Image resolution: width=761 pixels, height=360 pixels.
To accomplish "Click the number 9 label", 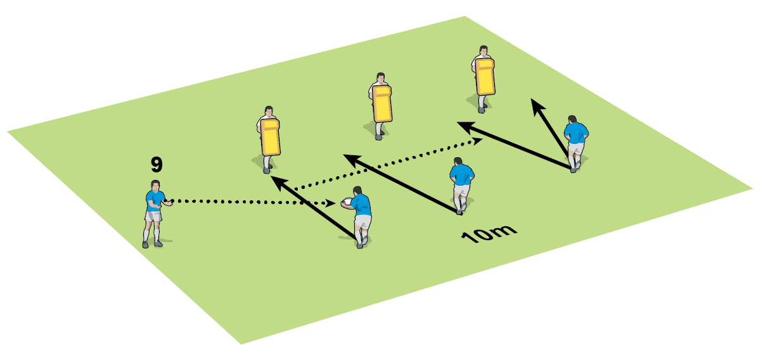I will point(157,165).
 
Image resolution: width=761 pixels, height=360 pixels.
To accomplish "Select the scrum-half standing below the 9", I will point(153,212).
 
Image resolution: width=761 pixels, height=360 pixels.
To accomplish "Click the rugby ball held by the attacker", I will point(347,202).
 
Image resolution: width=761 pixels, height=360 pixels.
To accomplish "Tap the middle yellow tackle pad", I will point(382,104).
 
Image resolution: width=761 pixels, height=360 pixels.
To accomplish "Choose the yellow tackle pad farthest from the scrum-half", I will point(485,77).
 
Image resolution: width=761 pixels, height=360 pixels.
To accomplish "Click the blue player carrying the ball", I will point(360,215).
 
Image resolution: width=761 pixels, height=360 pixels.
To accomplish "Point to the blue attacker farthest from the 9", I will point(575,143).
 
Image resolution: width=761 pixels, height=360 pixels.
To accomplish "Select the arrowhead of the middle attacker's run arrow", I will point(347,156).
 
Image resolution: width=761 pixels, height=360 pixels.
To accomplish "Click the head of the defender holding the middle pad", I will point(380,78).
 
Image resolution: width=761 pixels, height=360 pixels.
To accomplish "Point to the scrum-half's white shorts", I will point(153,216).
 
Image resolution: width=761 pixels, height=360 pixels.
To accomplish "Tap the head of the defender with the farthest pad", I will point(483,50).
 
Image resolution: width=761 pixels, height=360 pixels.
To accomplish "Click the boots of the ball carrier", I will point(361,243).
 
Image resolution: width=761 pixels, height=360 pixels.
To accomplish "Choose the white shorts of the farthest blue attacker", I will point(576,149).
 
